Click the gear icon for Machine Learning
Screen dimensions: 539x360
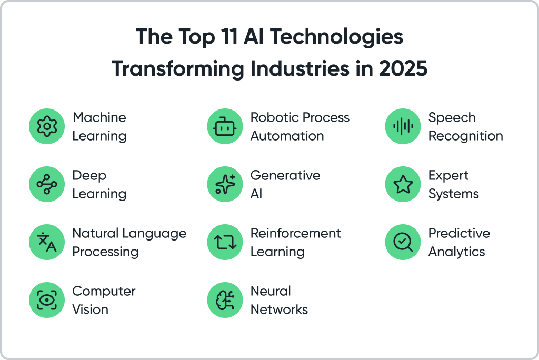click(47, 126)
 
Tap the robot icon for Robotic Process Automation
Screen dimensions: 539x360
click(225, 126)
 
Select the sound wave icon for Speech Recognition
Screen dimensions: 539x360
click(403, 126)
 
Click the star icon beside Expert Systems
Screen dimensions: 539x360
click(403, 184)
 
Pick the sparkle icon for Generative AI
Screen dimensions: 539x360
click(225, 184)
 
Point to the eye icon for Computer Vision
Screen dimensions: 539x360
click(47, 300)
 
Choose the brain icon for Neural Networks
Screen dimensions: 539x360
click(225, 300)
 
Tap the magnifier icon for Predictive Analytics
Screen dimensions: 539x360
click(403, 242)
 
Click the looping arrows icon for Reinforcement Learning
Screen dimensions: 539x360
click(225, 242)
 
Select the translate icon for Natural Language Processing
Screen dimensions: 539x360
click(47, 242)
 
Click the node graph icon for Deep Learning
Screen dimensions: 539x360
click(47, 184)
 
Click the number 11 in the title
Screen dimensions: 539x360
click(229, 36)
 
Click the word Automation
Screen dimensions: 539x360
click(287, 136)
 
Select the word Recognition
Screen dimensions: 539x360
click(465, 136)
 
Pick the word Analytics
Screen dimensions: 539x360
click(456, 252)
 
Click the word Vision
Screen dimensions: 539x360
click(90, 309)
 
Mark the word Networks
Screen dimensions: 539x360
click(279, 309)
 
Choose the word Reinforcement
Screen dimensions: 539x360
click(296, 233)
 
